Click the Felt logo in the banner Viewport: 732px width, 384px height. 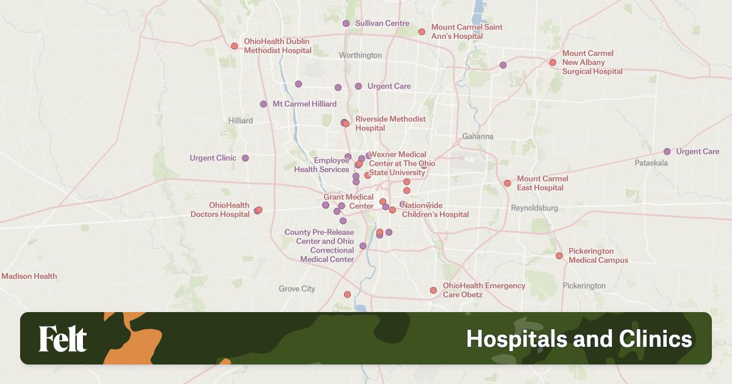[x=63, y=339]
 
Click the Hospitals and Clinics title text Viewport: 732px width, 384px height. [x=579, y=339]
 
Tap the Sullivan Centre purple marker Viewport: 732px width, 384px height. [x=346, y=23]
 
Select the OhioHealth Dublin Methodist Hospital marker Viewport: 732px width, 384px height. [x=234, y=46]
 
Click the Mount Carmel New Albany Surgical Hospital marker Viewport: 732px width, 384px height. [x=553, y=62]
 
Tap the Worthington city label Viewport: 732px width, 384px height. [x=361, y=55]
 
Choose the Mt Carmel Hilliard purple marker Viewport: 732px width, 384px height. [x=264, y=104]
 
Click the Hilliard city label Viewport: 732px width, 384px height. [x=240, y=121]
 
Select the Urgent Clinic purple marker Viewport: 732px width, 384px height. [x=245, y=158]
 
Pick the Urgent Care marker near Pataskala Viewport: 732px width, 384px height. [x=667, y=151]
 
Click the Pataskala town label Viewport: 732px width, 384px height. [x=651, y=163]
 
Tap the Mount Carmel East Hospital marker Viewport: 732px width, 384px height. [x=507, y=183]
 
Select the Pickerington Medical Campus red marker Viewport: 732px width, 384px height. [x=559, y=255]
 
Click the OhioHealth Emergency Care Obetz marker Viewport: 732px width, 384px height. [x=433, y=290]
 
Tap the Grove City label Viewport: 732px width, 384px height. [x=297, y=289]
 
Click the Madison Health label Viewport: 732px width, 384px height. [x=29, y=276]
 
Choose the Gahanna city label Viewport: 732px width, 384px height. [x=478, y=137]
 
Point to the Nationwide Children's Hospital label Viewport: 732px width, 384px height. [x=435, y=210]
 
